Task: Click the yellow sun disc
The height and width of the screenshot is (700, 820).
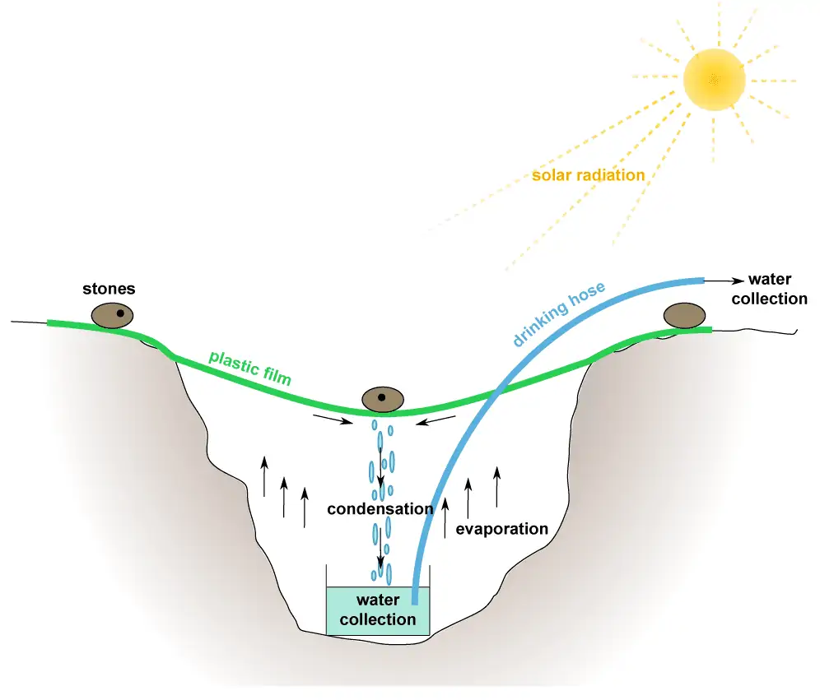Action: pyautogui.click(x=714, y=80)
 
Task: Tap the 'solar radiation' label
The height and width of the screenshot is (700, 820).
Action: pyautogui.click(x=589, y=175)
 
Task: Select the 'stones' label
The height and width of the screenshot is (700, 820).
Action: pyautogui.click(x=109, y=289)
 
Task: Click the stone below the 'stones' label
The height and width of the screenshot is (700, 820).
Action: pyautogui.click(x=113, y=316)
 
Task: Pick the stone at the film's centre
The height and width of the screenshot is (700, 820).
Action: pyautogui.click(x=383, y=400)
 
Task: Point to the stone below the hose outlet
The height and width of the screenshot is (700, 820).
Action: pyautogui.click(x=684, y=316)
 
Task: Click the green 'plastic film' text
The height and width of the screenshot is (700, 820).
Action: pyautogui.click(x=250, y=369)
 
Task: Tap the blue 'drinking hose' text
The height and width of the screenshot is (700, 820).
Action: pyautogui.click(x=558, y=314)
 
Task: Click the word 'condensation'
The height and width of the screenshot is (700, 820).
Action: pyautogui.click(x=380, y=509)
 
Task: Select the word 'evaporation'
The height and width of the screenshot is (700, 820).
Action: pyautogui.click(x=501, y=529)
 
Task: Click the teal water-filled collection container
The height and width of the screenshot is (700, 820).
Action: pyautogui.click(x=378, y=610)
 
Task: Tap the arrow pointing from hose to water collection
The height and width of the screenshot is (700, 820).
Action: pyautogui.click(x=724, y=281)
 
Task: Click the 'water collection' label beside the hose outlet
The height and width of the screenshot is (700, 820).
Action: pyautogui.click(x=769, y=289)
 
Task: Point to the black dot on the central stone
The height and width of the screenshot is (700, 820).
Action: pyautogui.click(x=382, y=397)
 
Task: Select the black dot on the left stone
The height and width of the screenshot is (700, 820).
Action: pyautogui.click(x=120, y=313)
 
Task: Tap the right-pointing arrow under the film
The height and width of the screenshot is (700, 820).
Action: pyautogui.click(x=333, y=420)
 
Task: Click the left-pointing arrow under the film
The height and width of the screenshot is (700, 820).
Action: pyautogui.click(x=436, y=420)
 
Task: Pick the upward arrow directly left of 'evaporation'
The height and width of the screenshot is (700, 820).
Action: pyautogui.click(x=445, y=517)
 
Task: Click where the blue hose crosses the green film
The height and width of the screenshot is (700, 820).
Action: pyautogui.click(x=497, y=391)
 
